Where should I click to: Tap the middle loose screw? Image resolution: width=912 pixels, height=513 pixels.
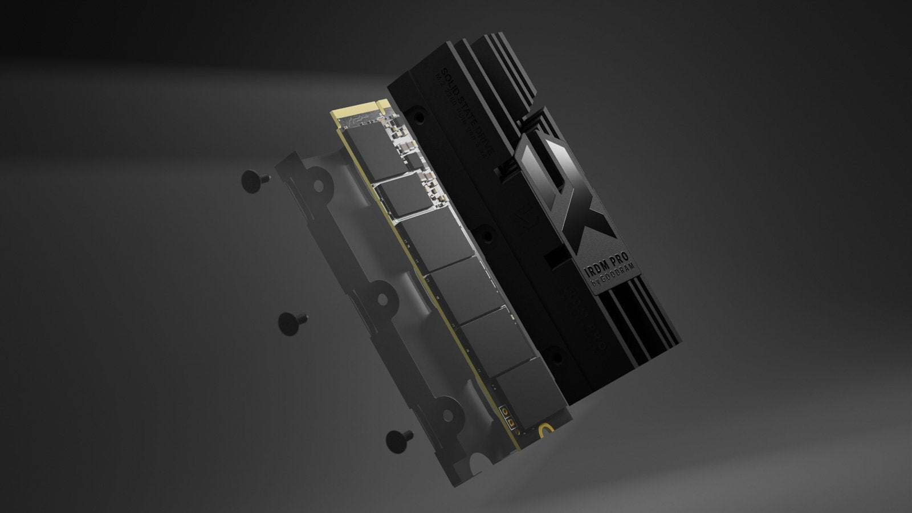pos(292,322)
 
